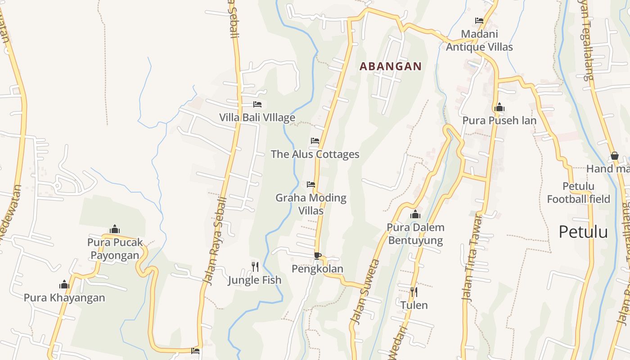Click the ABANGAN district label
tap(391, 67)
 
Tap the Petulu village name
tap(583, 232)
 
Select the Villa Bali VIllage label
tap(257, 117)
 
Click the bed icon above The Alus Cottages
tap(315, 141)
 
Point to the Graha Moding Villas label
tap(311, 204)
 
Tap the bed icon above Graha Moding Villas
tap(311, 184)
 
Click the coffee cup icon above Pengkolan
tap(317, 256)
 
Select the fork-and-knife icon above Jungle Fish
tap(255, 266)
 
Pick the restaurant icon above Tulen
tap(414, 292)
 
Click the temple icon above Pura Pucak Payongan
tap(115, 229)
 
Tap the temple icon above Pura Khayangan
tap(64, 284)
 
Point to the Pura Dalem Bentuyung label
tap(415, 234)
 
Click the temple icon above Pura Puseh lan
tap(499, 107)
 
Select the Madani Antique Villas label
tap(479, 40)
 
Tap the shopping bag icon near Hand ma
tap(615, 156)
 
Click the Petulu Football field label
tap(578, 193)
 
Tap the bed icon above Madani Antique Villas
tap(479, 21)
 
